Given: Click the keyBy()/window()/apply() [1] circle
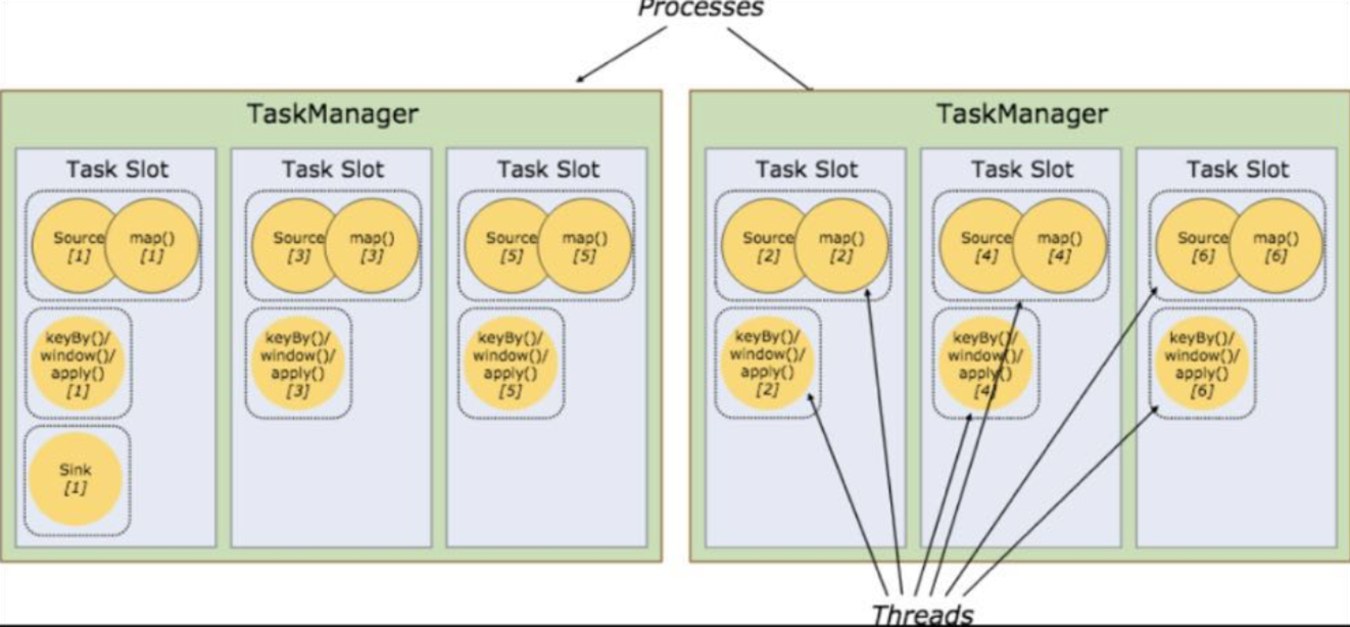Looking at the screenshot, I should pos(78,364).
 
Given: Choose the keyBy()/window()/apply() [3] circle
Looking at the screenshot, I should pos(298,364).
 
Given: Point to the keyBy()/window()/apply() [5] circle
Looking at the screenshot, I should pos(510,364).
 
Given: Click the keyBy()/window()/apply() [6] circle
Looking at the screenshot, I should pos(1202,364).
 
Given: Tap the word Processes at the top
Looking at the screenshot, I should pos(700,7).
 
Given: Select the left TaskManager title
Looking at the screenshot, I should pos(333,114).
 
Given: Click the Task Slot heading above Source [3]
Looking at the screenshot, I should pos(333,170).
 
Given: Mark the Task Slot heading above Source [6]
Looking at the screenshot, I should pos(1238,170).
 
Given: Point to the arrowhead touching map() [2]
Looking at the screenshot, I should pos(867,292).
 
